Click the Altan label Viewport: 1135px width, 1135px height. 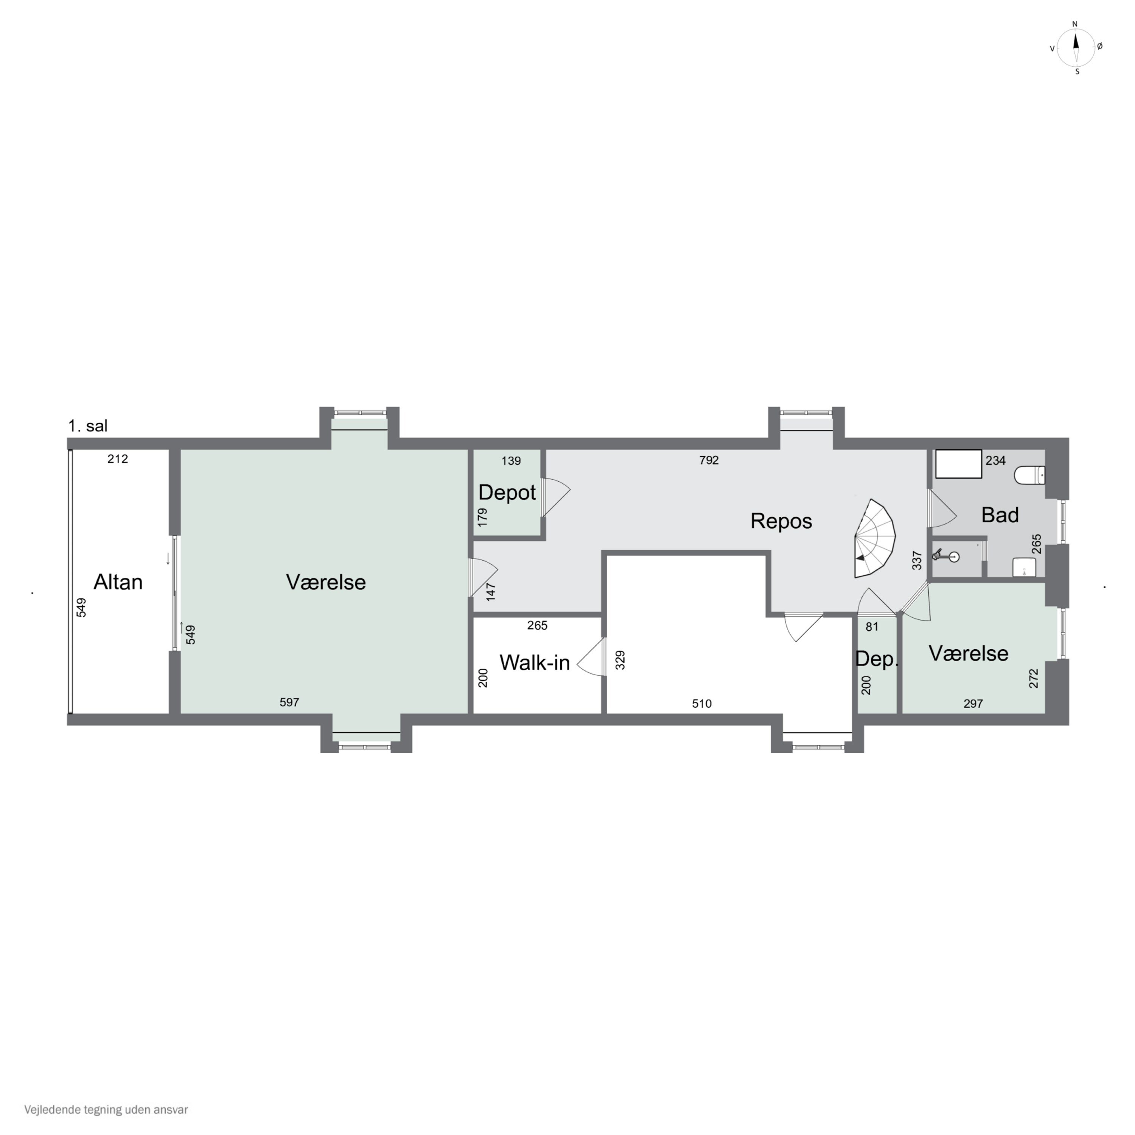[118, 582]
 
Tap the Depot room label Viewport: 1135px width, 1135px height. [507, 492]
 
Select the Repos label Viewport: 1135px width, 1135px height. [781, 521]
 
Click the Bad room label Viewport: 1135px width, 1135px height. [1000, 515]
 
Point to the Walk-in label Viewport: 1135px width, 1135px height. [535, 663]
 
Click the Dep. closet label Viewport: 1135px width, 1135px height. [877, 659]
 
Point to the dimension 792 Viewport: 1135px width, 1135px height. [709, 460]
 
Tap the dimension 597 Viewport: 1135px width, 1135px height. [289, 702]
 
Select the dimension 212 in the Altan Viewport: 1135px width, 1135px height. [118, 459]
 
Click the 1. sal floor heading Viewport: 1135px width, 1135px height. [88, 426]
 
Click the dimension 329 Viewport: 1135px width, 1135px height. [620, 660]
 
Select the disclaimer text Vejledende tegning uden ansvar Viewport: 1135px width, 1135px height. [106, 1110]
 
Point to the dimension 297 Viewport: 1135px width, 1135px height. [973, 704]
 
